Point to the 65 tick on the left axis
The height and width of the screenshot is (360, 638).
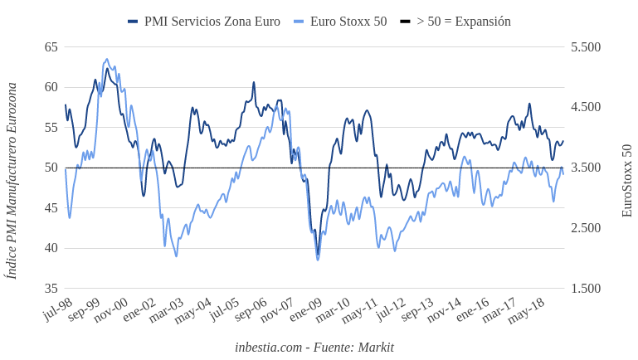pyautogui.click(x=51, y=47)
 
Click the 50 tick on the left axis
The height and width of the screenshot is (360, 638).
pyautogui.click(x=51, y=168)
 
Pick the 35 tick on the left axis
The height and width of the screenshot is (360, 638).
pyautogui.click(x=51, y=289)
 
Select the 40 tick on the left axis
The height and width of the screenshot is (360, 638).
pyautogui.click(x=51, y=248)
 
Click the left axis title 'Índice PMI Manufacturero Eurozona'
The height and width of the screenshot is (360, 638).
pyautogui.click(x=12, y=180)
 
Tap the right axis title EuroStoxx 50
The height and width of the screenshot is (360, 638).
pyautogui.click(x=627, y=180)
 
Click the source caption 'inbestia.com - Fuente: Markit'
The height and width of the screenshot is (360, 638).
pyautogui.click(x=314, y=347)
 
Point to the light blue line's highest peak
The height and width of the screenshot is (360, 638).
pyautogui.click(x=107, y=59)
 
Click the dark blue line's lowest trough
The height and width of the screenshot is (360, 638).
pyautogui.click(x=317, y=255)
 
